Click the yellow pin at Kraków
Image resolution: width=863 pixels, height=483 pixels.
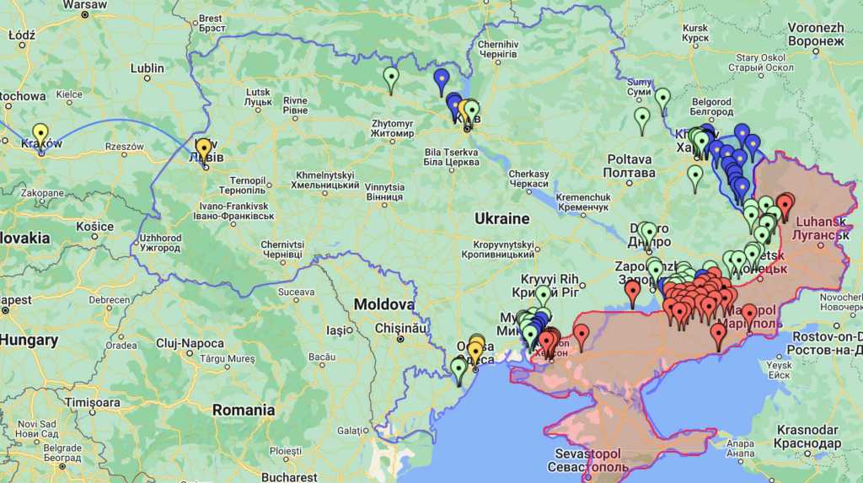point(40,135)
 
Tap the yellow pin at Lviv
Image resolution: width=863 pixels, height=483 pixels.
point(203,148)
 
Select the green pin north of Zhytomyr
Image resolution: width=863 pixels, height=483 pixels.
point(390,78)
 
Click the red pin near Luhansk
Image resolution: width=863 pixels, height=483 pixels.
point(785,204)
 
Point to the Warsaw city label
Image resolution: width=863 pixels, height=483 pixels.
point(84,5)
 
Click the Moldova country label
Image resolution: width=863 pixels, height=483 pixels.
point(383,304)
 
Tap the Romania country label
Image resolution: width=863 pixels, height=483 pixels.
point(244,411)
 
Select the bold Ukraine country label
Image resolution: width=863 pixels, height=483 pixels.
point(501,219)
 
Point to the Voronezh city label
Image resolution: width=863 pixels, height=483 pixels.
point(815,34)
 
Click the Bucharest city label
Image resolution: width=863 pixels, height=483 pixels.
point(289,477)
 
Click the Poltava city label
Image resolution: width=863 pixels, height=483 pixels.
point(629,165)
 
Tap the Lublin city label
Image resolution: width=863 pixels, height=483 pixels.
point(147,68)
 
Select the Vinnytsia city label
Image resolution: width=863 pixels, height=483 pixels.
point(384,191)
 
